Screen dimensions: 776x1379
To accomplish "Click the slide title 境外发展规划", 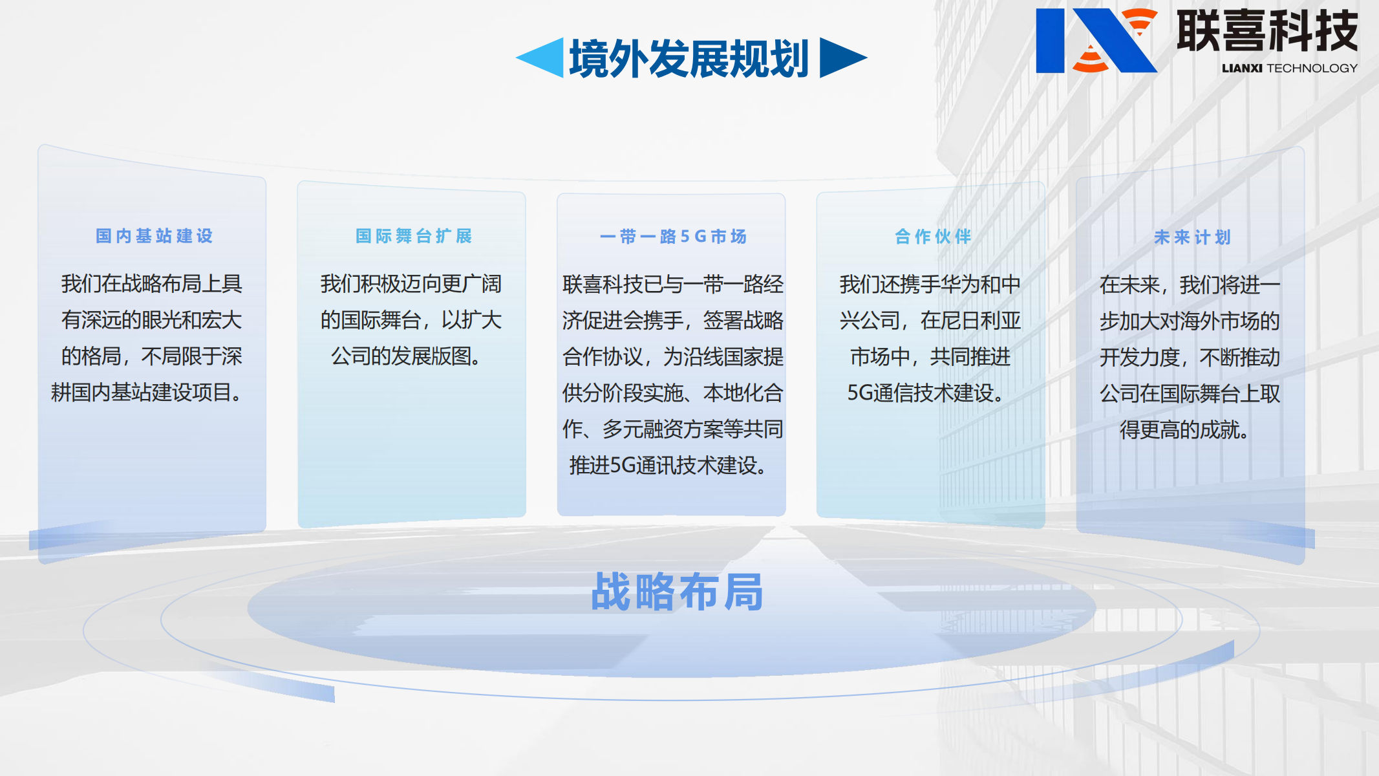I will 689,59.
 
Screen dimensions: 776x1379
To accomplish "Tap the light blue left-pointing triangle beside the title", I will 543,58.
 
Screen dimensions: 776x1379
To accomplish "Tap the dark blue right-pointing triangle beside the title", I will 840,58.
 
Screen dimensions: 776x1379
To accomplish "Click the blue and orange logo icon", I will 1096,40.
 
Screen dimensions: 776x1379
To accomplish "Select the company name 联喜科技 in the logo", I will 1267,30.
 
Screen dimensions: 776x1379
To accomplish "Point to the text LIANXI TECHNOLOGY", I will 1289,68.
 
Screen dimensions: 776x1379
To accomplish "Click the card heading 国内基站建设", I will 154,236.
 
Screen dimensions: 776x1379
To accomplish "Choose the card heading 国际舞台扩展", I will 414,236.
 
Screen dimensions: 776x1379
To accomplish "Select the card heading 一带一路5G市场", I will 673,237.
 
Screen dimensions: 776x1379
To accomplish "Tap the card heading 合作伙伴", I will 933,237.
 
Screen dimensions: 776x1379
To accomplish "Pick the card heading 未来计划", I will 1192,237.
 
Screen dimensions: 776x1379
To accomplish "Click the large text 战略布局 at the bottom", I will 677,592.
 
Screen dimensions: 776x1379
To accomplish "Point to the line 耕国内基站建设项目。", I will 147,393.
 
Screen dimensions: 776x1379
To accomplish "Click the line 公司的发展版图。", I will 406,356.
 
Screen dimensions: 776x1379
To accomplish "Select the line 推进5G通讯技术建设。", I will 668,465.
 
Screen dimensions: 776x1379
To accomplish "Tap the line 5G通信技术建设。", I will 925,393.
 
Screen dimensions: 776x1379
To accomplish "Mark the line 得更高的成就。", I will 1184,429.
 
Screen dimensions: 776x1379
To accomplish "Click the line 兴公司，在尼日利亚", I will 930,320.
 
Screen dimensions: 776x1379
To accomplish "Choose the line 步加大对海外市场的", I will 1190,321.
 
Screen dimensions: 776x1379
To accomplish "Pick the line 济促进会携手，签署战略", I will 672,320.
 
